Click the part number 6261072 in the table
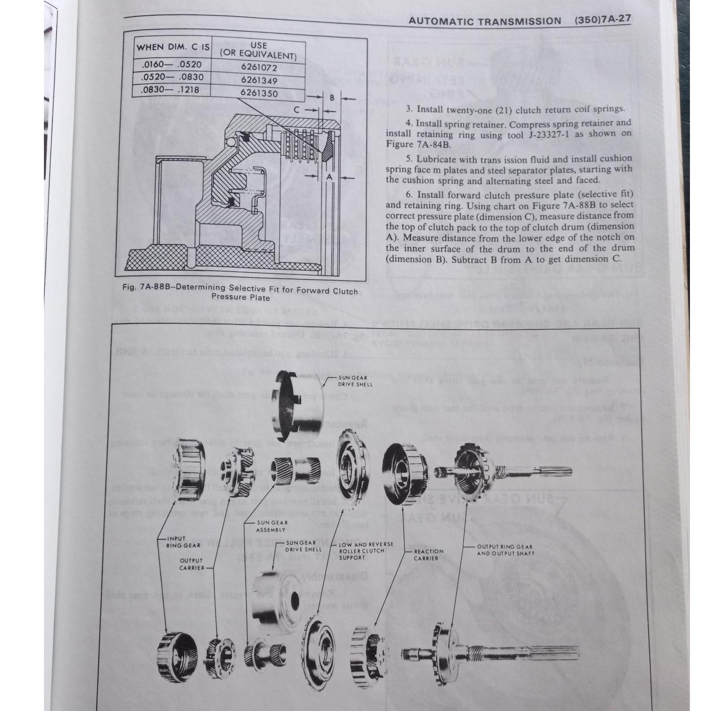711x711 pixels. coord(259,68)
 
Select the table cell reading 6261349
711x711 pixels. coord(259,81)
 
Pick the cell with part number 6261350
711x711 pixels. coord(259,93)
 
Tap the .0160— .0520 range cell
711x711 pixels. coord(172,65)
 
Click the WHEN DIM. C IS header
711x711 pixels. coord(173,47)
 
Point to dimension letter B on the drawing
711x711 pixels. coord(332,98)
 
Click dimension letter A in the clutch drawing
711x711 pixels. coord(329,177)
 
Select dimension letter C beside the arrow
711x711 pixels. coord(297,109)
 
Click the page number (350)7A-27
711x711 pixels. coord(602,20)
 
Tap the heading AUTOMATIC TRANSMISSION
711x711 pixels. coord(485,21)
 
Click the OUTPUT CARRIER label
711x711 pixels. coord(191,564)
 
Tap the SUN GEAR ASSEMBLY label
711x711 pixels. coord(271,526)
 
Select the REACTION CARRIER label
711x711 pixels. coord(429,555)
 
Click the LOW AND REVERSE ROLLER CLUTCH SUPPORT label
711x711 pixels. coord(366,551)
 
